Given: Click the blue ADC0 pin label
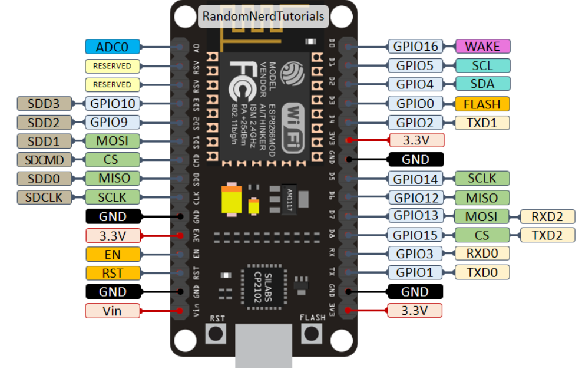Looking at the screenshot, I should pyautogui.click(x=112, y=47).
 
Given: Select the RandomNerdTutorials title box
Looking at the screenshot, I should pyautogui.click(x=263, y=17).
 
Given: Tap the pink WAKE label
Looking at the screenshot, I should pyautogui.click(x=482, y=47).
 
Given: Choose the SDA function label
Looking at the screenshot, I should pyautogui.click(x=482, y=84).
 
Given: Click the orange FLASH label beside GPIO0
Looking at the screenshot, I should pyautogui.click(x=482, y=104).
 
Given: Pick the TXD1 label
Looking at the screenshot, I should pyautogui.click(x=482, y=123).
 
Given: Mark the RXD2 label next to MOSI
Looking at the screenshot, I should pyautogui.click(x=547, y=216).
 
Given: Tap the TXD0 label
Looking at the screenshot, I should pyautogui.click(x=482, y=272).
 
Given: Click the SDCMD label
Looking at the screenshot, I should pyautogui.click(x=44, y=159).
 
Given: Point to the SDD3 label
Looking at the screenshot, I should pyautogui.click(x=44, y=104).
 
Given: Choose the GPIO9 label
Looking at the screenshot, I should pyautogui.click(x=112, y=122).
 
